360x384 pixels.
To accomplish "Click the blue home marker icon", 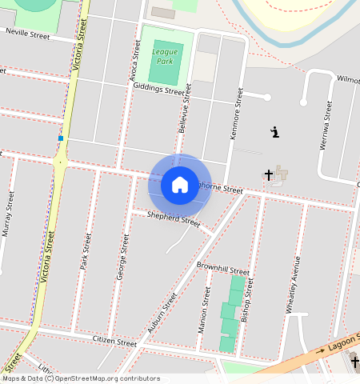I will [180, 185].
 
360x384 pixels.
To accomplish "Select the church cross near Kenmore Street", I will [269, 174].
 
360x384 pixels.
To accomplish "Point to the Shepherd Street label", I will [174, 217].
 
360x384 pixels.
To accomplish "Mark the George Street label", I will [122, 256].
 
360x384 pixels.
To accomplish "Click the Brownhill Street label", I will [223, 267].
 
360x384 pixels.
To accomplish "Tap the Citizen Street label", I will [115, 342].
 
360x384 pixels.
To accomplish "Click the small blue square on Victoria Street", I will [60, 138].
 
